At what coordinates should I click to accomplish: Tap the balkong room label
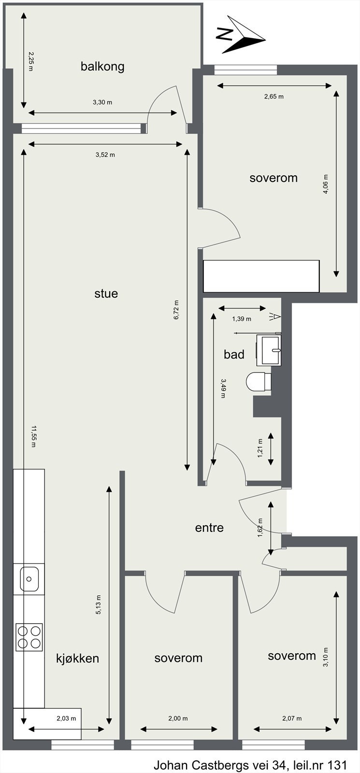click(x=102, y=66)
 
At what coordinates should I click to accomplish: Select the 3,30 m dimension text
click(x=102, y=102)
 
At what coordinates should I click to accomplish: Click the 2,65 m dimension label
click(x=274, y=96)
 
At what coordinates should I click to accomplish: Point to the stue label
click(x=106, y=294)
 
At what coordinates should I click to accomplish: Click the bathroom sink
click(x=271, y=350)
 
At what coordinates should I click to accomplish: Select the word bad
click(x=234, y=355)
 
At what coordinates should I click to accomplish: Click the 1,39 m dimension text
click(x=242, y=319)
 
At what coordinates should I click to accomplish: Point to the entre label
click(x=209, y=528)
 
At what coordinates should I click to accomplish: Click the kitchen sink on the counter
click(x=29, y=579)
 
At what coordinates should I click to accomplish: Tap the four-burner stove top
click(x=29, y=637)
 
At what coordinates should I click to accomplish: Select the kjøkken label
click(x=78, y=658)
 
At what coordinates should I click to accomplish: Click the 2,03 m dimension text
click(x=66, y=718)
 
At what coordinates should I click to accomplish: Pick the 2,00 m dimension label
click(x=178, y=718)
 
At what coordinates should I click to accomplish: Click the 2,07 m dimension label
click(x=292, y=718)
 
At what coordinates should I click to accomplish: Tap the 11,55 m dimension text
click(x=33, y=436)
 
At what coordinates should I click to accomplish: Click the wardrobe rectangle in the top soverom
click(x=261, y=276)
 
